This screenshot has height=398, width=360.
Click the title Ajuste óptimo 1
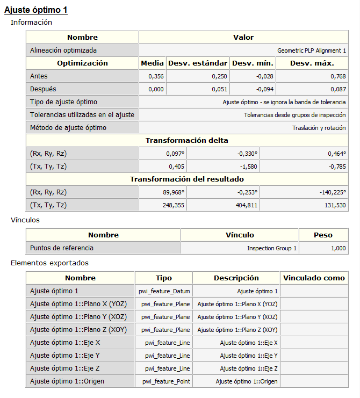[36, 10]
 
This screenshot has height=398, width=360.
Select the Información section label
[32, 23]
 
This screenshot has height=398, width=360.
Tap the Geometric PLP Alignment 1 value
[311, 50]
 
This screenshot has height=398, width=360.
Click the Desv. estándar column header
[198, 63]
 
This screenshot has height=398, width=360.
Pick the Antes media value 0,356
[156, 76]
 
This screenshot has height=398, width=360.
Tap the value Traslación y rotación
[319, 128]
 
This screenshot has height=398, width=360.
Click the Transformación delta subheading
[186, 141]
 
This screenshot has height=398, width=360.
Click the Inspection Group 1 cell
[272, 248]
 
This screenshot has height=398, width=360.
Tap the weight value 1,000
[337, 248]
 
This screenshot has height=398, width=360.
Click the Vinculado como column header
[314, 278]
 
